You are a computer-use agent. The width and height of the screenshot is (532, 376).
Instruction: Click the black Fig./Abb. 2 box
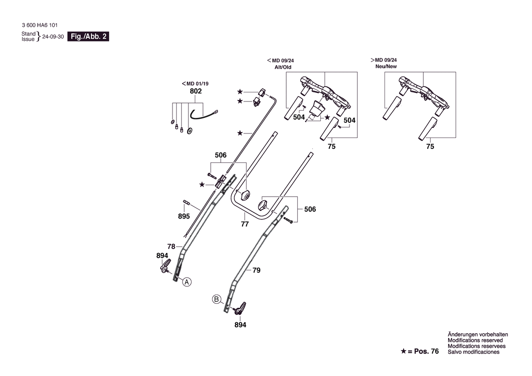(x=88, y=36)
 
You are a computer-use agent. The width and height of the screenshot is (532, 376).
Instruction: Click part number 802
(x=196, y=91)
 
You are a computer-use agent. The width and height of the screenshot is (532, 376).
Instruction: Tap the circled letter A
(x=187, y=282)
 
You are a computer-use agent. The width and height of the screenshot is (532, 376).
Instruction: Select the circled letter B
(x=217, y=300)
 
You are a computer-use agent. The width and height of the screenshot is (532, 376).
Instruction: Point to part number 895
(x=184, y=216)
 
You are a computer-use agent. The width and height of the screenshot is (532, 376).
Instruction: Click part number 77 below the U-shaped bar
(x=245, y=224)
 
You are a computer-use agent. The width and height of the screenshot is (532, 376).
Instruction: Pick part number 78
(x=171, y=246)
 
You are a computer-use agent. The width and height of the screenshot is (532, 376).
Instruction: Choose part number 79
(x=257, y=270)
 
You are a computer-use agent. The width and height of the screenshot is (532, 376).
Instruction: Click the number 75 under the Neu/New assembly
(x=430, y=146)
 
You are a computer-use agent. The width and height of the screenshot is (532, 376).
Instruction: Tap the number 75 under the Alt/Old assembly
(x=331, y=146)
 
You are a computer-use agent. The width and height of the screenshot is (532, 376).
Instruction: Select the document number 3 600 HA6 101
(x=40, y=25)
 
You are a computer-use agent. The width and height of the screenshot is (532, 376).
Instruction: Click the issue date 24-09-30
(x=53, y=37)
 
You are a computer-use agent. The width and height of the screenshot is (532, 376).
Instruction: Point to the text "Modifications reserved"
(x=475, y=340)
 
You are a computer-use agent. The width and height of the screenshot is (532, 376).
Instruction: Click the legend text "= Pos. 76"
(x=423, y=351)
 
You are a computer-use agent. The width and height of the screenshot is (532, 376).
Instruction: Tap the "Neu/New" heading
(x=386, y=66)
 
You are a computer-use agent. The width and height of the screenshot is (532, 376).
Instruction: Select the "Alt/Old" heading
(x=283, y=67)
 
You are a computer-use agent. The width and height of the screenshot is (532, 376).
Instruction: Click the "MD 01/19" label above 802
(x=198, y=83)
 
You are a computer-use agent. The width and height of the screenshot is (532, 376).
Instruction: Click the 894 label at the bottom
(x=240, y=325)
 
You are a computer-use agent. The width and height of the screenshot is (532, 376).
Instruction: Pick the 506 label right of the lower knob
(x=310, y=209)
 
